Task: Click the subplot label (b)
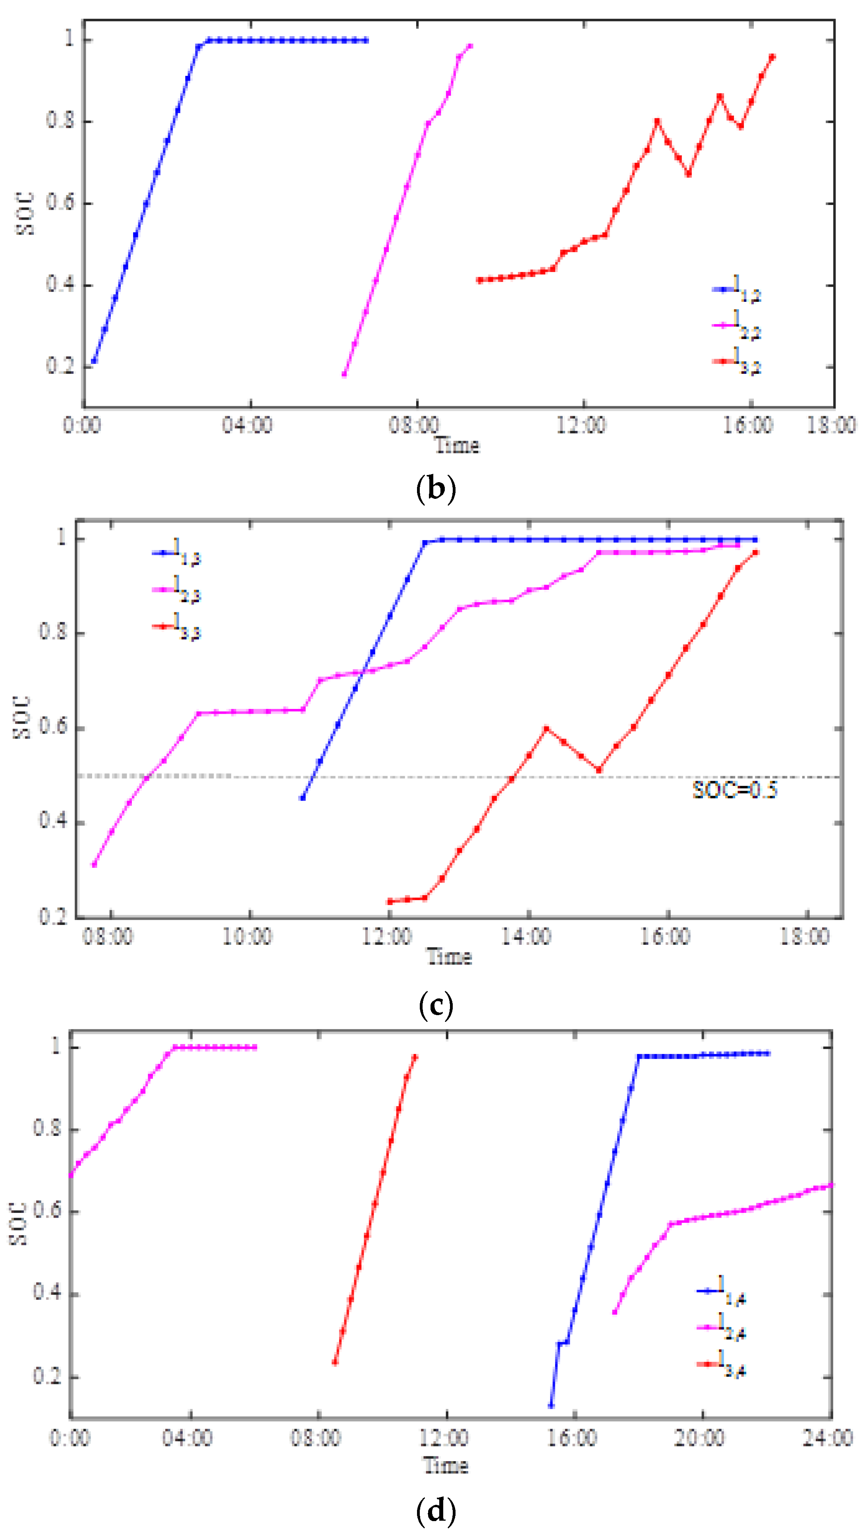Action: tap(435, 489)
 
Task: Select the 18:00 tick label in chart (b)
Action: tap(831, 425)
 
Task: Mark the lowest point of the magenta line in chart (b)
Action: tap(344, 374)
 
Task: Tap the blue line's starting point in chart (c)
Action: tap(303, 797)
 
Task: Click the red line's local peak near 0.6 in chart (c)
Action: tap(546, 728)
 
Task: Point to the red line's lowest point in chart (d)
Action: tap(335, 1362)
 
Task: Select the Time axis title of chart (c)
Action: tap(449, 957)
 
